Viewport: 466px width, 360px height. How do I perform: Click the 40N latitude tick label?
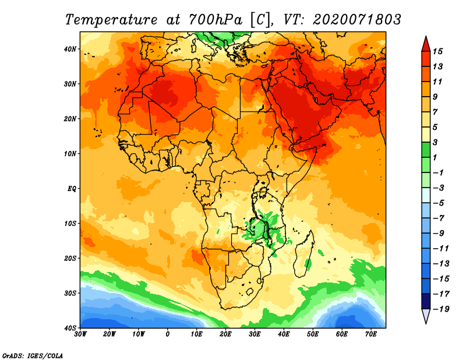(x=70, y=49)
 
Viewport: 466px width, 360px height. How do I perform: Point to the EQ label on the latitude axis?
(x=72, y=189)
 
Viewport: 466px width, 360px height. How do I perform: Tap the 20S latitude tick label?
(x=70, y=258)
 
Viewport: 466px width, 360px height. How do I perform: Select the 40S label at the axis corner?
(x=70, y=328)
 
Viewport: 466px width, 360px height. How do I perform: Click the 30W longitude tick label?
(x=80, y=334)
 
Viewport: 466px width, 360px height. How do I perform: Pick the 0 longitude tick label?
(x=168, y=334)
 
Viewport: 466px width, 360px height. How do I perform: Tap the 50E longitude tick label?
(x=313, y=334)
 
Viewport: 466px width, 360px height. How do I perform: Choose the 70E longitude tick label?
(x=371, y=334)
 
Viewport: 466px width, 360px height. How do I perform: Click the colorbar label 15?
(x=437, y=51)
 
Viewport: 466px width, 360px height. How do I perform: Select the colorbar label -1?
(x=439, y=172)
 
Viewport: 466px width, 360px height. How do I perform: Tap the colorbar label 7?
(x=435, y=112)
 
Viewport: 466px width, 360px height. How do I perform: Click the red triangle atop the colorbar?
(x=426, y=44)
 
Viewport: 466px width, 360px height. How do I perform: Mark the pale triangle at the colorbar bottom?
(x=426, y=316)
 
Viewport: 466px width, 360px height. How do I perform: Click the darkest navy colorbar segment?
(x=426, y=301)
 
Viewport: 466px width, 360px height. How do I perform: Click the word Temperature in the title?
(x=111, y=20)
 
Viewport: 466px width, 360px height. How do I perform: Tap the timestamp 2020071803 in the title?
(x=357, y=20)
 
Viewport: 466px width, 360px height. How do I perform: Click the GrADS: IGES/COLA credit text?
(x=33, y=355)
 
